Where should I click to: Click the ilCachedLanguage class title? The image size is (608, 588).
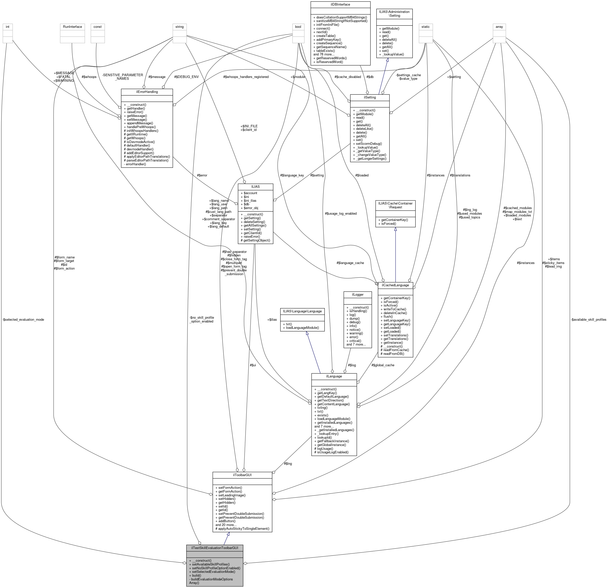[x=395, y=285]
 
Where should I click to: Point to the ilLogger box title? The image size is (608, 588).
[x=357, y=294]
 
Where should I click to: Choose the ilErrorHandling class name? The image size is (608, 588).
[x=146, y=92]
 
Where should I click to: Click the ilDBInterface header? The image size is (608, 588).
[x=340, y=5]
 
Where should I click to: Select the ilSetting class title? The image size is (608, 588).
[x=370, y=97]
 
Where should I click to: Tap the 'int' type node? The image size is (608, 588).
[x=7, y=27]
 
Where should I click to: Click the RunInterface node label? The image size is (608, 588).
[x=72, y=27]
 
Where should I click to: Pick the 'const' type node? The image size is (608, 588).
[x=97, y=27]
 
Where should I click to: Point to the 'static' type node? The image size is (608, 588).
[x=426, y=27]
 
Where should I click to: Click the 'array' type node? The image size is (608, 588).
[x=499, y=27]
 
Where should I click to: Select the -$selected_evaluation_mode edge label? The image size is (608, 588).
[x=23, y=319]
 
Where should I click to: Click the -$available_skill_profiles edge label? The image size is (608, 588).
[x=588, y=319]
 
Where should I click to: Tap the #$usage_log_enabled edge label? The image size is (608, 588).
[x=341, y=214]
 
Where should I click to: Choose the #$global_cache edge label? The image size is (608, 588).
[x=383, y=365]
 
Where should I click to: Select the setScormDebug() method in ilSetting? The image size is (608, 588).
[x=367, y=144]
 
